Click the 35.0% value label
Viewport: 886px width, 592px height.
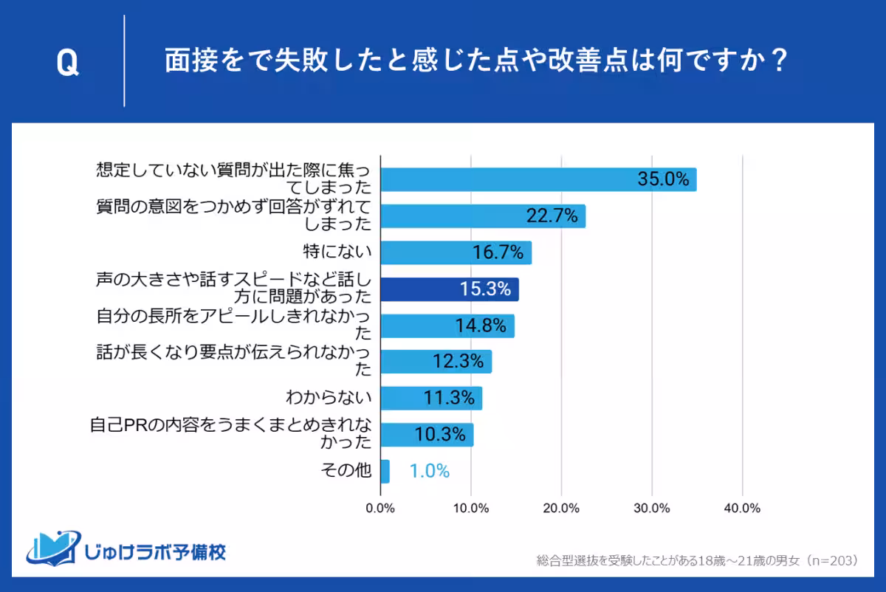click(663, 179)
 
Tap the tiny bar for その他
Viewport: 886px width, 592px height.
click(385, 471)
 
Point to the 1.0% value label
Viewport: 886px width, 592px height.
click(429, 471)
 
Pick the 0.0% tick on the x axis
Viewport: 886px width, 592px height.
click(380, 509)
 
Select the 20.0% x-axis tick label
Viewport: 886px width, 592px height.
click(561, 509)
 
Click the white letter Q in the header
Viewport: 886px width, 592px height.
click(67, 64)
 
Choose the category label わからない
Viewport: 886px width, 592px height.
click(329, 398)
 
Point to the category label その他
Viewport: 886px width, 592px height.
click(347, 471)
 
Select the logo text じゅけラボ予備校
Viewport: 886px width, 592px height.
click(155, 551)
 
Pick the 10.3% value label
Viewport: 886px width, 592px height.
click(440, 435)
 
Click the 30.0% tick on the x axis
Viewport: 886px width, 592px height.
click(651, 509)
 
